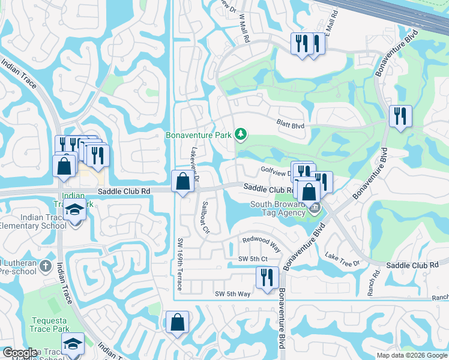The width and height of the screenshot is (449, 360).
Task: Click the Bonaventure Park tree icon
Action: coord(240,134)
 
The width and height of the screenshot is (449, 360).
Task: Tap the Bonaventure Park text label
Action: coord(199,135)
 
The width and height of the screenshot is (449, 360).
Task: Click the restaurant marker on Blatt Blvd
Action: coord(400,116)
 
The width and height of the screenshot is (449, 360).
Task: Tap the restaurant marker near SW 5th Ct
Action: coord(267,277)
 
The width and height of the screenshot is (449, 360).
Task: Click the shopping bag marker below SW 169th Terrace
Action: coord(178,322)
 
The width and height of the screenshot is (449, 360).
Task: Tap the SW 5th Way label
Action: coord(232,293)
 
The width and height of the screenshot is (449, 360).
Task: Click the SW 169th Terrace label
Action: coord(180,262)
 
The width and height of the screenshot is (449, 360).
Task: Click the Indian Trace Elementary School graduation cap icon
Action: coord(74,211)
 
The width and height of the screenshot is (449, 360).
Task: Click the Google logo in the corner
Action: coord(20,353)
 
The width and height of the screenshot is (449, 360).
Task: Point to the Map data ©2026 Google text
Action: coord(411,355)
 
